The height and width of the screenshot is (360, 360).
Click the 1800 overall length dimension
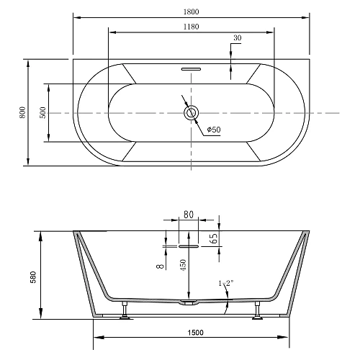pos(191,12)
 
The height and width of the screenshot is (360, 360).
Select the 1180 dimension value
pos(191,27)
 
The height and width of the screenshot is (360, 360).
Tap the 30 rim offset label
pos(237,38)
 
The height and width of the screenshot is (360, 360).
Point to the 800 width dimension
pos(22,112)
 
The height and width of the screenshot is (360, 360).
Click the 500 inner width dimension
pos(42,112)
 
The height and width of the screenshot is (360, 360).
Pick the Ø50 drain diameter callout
pos(214,130)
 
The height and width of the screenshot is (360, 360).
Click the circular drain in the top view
pos(192,112)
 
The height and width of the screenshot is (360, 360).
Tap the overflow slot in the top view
pos(191,69)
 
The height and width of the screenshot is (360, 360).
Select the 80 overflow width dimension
pos(189,215)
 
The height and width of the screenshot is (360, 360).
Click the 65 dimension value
pos(214,238)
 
